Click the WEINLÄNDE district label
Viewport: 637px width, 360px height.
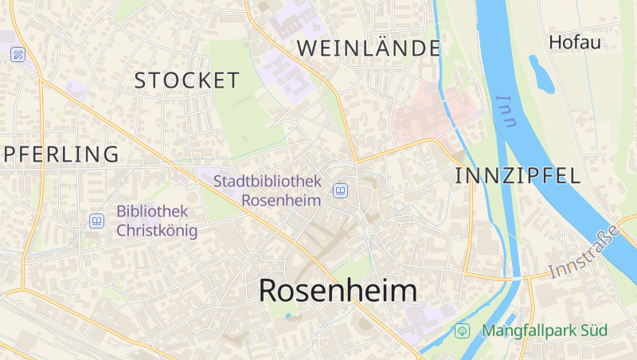pyautogui.click(x=369, y=48)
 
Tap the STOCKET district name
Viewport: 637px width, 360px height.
pyautogui.click(x=187, y=80)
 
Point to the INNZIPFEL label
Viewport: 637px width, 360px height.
pyautogui.click(x=518, y=177)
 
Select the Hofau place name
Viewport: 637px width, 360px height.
pyautogui.click(x=575, y=43)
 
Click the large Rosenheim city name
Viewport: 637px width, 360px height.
pyautogui.click(x=338, y=291)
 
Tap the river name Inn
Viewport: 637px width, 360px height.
pyautogui.click(x=505, y=112)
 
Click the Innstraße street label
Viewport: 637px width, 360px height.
pyautogui.click(x=584, y=252)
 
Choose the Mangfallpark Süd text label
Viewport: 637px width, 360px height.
pyautogui.click(x=545, y=330)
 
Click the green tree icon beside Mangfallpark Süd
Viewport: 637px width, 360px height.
pyautogui.click(x=461, y=330)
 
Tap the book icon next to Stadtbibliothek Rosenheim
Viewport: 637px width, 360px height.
pyautogui.click(x=341, y=190)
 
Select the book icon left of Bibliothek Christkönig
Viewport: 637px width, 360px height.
pyautogui.click(x=97, y=221)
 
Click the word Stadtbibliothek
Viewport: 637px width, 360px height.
pyautogui.click(x=268, y=182)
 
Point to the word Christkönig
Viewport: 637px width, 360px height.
pyautogui.click(x=157, y=231)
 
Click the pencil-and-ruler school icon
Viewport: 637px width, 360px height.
pyautogui.click(x=18, y=54)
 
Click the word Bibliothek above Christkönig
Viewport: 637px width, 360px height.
pyautogui.click(x=152, y=212)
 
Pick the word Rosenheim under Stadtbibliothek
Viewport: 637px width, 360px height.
pyautogui.click(x=281, y=200)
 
